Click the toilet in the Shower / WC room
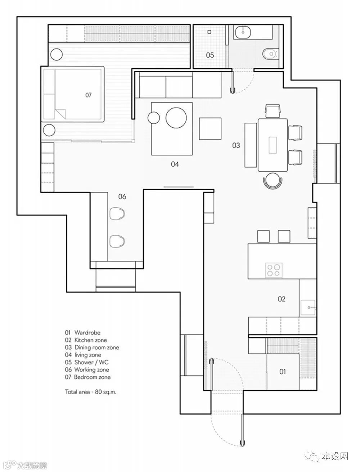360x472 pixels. click(x=271, y=53)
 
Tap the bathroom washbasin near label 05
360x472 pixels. click(x=243, y=32)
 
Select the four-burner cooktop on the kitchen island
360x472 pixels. click(x=274, y=270)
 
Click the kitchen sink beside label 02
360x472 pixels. click(x=308, y=308)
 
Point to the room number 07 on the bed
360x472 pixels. click(x=88, y=95)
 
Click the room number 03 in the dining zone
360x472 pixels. click(x=236, y=145)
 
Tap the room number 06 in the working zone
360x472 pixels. click(x=122, y=196)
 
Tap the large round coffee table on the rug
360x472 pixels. click(x=176, y=118)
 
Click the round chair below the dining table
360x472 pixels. click(x=273, y=181)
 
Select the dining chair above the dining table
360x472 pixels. click(x=273, y=111)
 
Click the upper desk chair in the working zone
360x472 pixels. click(x=117, y=214)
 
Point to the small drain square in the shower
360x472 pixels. click(x=209, y=32)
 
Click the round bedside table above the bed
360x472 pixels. click(x=57, y=54)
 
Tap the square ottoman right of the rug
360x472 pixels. click(x=210, y=129)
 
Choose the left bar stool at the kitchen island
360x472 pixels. click(x=263, y=236)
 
